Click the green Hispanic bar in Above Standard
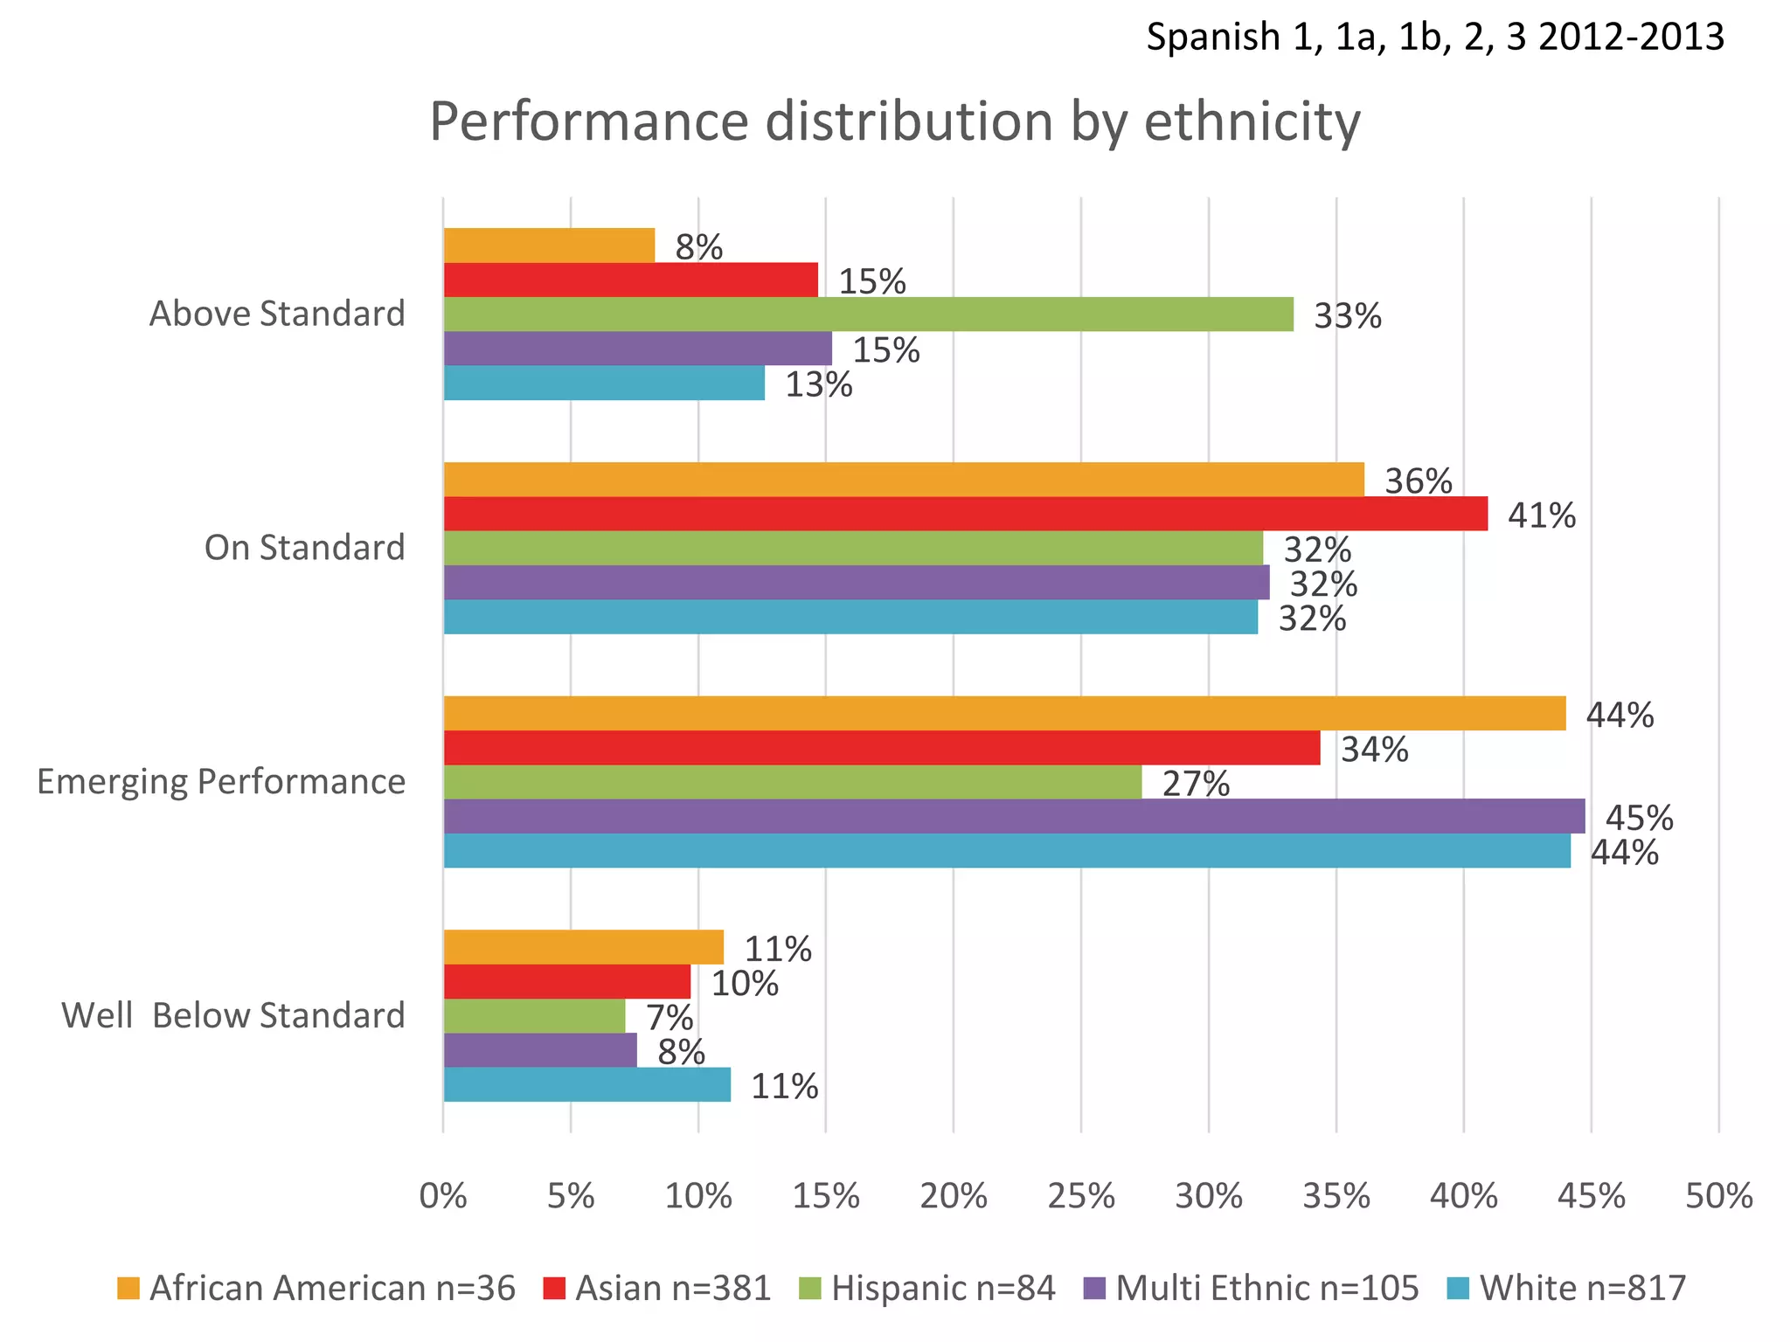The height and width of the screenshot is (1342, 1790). tap(868, 315)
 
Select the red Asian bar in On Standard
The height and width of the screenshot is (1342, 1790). tap(965, 514)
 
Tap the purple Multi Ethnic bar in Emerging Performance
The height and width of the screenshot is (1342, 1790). tap(1014, 816)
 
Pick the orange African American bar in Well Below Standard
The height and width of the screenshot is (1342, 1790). tap(584, 948)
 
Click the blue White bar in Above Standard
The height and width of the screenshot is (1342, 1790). tap(604, 383)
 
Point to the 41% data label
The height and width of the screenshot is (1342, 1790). tap(1542, 516)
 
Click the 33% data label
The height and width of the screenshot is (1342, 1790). tap(1348, 316)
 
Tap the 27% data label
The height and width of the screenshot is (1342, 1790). tap(1196, 785)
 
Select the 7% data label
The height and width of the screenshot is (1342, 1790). tap(670, 1019)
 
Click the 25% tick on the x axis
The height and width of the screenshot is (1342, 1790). tap(1081, 1196)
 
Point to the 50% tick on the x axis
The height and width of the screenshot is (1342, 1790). tap(1719, 1196)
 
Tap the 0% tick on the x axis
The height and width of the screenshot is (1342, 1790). tap(443, 1196)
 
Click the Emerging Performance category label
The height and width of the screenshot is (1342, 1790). tap(221, 781)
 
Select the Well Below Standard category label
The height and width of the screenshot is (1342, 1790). tap(233, 1015)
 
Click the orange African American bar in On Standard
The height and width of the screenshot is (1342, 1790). tap(904, 480)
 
